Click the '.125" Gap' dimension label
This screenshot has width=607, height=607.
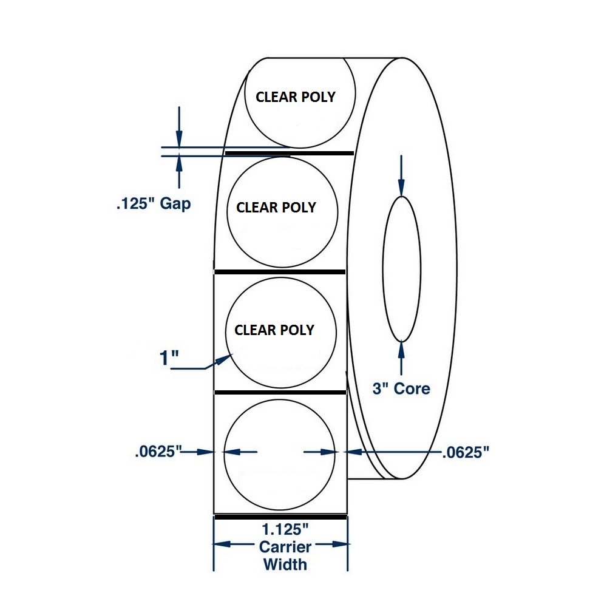tap(154, 203)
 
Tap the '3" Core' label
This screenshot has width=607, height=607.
tap(401, 388)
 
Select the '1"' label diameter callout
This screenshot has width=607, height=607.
tap(169, 358)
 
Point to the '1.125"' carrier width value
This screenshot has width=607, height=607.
tap(285, 529)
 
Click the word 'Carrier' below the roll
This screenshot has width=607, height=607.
tap(285, 547)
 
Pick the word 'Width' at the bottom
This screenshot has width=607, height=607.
tap(285, 565)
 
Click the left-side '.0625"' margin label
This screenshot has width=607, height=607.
tap(158, 452)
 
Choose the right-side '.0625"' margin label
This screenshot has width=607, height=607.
tap(466, 452)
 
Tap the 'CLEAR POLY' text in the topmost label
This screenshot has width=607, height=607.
tap(296, 97)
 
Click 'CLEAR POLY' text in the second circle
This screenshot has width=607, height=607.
tap(276, 208)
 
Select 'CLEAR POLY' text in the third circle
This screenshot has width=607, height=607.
tap(274, 330)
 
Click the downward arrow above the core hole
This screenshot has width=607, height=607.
tap(401, 176)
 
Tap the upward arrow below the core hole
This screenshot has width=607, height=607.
tap(401, 358)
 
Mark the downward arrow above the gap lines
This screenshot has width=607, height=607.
tap(179, 127)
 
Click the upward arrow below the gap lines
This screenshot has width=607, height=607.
tap(179, 172)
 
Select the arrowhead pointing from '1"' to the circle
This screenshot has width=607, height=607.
tap(224, 360)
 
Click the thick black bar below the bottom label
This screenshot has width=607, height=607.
tap(280, 517)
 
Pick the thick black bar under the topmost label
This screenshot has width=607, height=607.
tap(289, 154)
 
